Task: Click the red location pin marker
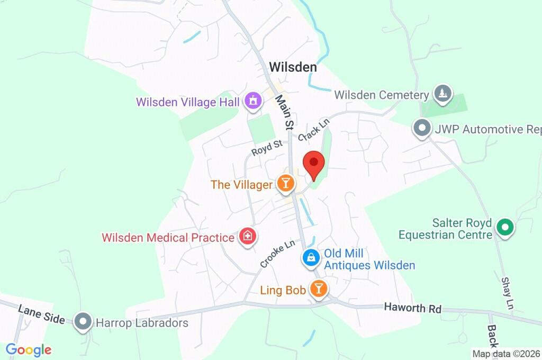coord(313,164)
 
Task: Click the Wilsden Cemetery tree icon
coord(441,94)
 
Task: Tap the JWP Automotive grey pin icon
coord(422,128)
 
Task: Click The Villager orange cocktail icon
coord(285,184)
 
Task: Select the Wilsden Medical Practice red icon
coord(247,237)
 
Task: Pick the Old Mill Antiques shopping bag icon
coord(311,258)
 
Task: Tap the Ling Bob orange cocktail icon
coord(319,289)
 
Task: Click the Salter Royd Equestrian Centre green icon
coord(505,228)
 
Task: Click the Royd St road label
coord(267,148)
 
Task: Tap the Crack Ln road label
coord(313,130)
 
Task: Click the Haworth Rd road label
coord(412,308)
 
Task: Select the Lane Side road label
coord(41,314)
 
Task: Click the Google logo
coord(29,349)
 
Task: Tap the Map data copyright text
coord(506,354)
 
